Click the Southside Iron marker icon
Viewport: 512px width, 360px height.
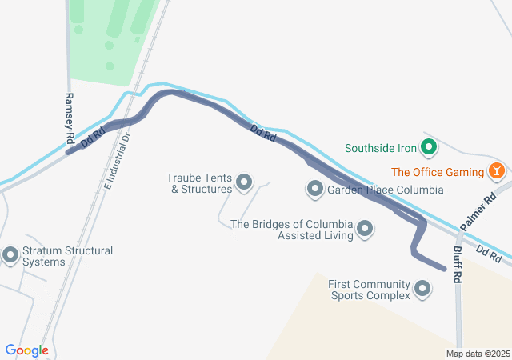coord(428,147)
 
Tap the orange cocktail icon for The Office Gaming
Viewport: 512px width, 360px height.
coord(497,171)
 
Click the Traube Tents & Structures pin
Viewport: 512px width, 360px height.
coord(245,183)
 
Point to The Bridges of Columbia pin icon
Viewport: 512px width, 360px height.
coord(366,230)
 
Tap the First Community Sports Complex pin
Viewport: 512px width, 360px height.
coord(422,290)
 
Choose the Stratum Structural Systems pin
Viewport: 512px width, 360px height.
coord(11,255)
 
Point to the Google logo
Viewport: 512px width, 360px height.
coord(27,350)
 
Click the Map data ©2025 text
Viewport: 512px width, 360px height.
coord(478,354)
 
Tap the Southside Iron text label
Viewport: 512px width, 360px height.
coord(381,148)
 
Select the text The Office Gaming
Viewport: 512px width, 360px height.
coord(438,172)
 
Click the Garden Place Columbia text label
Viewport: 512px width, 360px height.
coord(385,190)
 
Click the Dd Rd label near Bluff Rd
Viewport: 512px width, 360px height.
coord(488,254)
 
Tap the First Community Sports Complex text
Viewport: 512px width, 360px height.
coord(369,290)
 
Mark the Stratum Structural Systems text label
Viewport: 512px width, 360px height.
coord(67,256)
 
